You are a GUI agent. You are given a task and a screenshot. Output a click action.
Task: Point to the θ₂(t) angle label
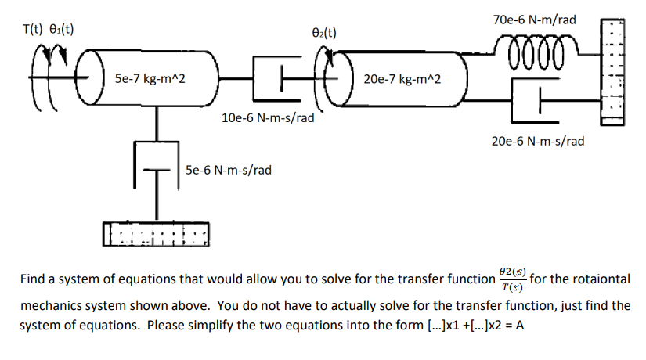click(x=323, y=33)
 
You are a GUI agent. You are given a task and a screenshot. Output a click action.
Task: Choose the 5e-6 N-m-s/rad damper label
click(x=229, y=169)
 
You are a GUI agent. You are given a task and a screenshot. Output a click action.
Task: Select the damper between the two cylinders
click(x=273, y=78)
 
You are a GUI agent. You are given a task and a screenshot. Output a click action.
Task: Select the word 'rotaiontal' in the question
click(x=601, y=279)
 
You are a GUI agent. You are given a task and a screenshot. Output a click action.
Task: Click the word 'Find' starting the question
click(x=32, y=279)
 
